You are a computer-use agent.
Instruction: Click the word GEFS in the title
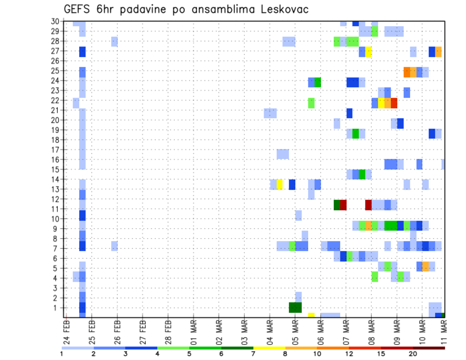click(x=79, y=10)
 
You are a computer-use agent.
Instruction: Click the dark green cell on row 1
click(x=295, y=308)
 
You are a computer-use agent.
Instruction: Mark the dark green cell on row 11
click(x=337, y=205)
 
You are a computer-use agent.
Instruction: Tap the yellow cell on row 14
click(x=280, y=184)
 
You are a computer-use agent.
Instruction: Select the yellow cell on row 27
click(x=368, y=51)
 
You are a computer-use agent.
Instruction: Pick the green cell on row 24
click(x=317, y=82)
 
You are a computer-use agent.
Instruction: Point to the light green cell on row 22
click(x=311, y=103)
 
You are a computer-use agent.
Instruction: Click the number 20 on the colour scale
click(x=413, y=354)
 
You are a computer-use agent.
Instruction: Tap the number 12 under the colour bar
click(x=349, y=354)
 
